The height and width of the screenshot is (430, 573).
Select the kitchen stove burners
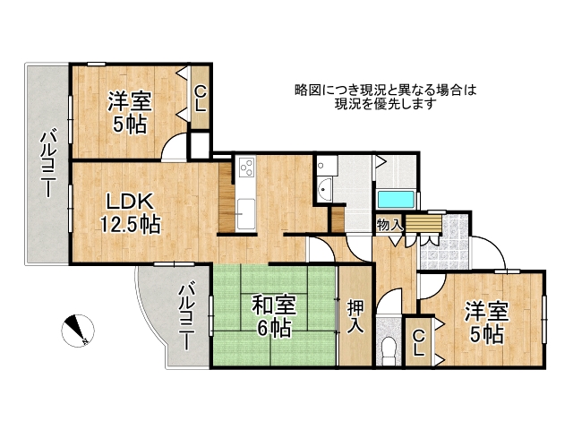coord(246,167)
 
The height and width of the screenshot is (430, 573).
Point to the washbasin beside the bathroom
coord(322,189)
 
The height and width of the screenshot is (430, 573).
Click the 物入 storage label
coord(389,225)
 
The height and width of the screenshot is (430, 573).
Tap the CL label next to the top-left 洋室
coord(201,97)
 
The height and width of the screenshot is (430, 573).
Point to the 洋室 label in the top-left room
coord(129,100)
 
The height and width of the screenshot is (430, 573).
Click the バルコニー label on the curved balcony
coord(187,317)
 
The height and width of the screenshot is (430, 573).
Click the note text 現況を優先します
coord(385,104)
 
